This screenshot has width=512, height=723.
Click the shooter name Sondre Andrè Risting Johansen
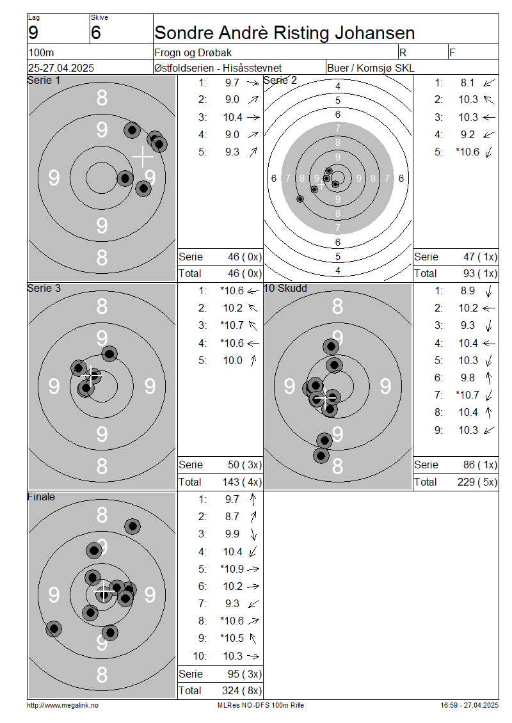tap(285, 33)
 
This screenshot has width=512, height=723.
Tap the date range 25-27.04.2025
tap(61, 68)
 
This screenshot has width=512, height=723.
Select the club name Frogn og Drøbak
tap(193, 53)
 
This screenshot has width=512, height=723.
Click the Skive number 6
tap(96, 33)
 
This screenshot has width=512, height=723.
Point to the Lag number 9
tap(33, 33)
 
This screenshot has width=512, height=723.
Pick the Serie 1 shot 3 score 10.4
tap(232, 118)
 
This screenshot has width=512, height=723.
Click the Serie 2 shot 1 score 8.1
tap(467, 83)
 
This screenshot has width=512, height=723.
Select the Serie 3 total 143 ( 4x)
tap(242, 482)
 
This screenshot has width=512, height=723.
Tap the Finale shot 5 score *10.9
tap(232, 569)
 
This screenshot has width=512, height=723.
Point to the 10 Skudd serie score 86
tap(470, 465)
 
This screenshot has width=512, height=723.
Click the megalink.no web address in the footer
tap(63, 706)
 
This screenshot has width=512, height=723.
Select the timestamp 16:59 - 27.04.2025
tap(469, 706)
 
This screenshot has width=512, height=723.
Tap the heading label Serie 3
tap(44, 288)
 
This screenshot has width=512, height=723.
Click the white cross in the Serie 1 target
tap(143, 157)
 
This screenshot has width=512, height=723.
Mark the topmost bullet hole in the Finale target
tap(132, 526)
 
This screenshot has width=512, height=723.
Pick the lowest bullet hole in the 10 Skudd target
tap(321, 456)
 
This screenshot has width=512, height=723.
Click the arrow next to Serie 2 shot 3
tap(489, 118)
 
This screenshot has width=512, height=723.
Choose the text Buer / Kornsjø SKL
tap(371, 68)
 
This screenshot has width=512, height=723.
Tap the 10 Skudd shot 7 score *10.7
tap(467, 395)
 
